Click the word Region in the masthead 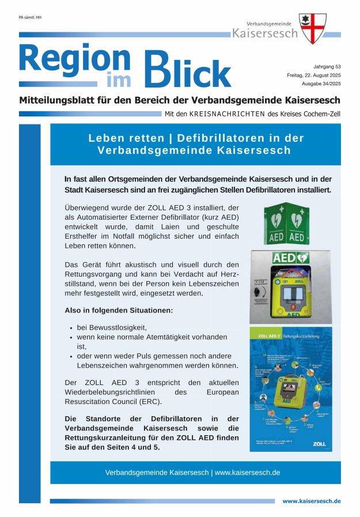[75, 61]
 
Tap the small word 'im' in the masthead [119, 82]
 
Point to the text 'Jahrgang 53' [327, 67]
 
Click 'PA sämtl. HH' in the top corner [30, 17]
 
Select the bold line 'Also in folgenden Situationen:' [119, 310]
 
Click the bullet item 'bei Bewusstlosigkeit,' [112, 327]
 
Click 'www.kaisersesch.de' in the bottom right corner [311, 501]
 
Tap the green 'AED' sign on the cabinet [290, 258]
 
